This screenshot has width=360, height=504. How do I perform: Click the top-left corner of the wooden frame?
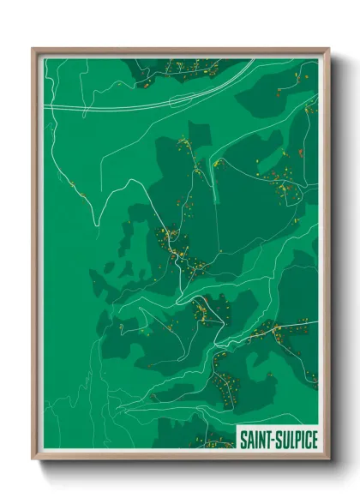33,49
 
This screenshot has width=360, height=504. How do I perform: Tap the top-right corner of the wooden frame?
328,49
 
